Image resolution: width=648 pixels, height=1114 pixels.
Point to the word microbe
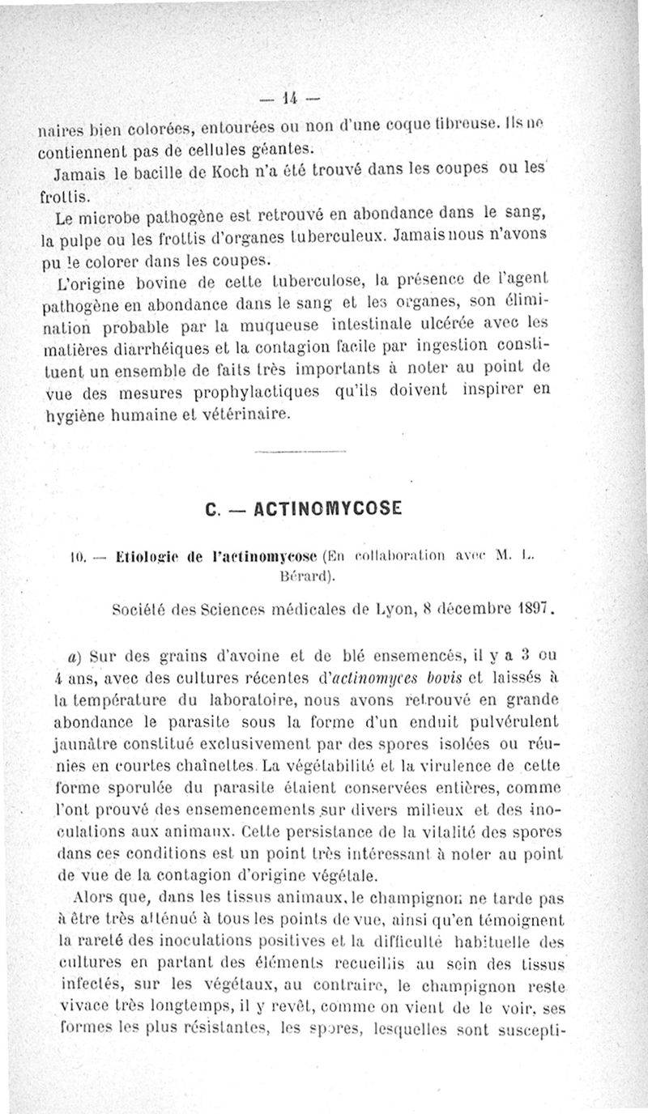122,216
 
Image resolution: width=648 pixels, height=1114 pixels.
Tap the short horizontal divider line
300,454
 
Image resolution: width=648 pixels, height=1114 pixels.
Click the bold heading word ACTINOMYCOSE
329,509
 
